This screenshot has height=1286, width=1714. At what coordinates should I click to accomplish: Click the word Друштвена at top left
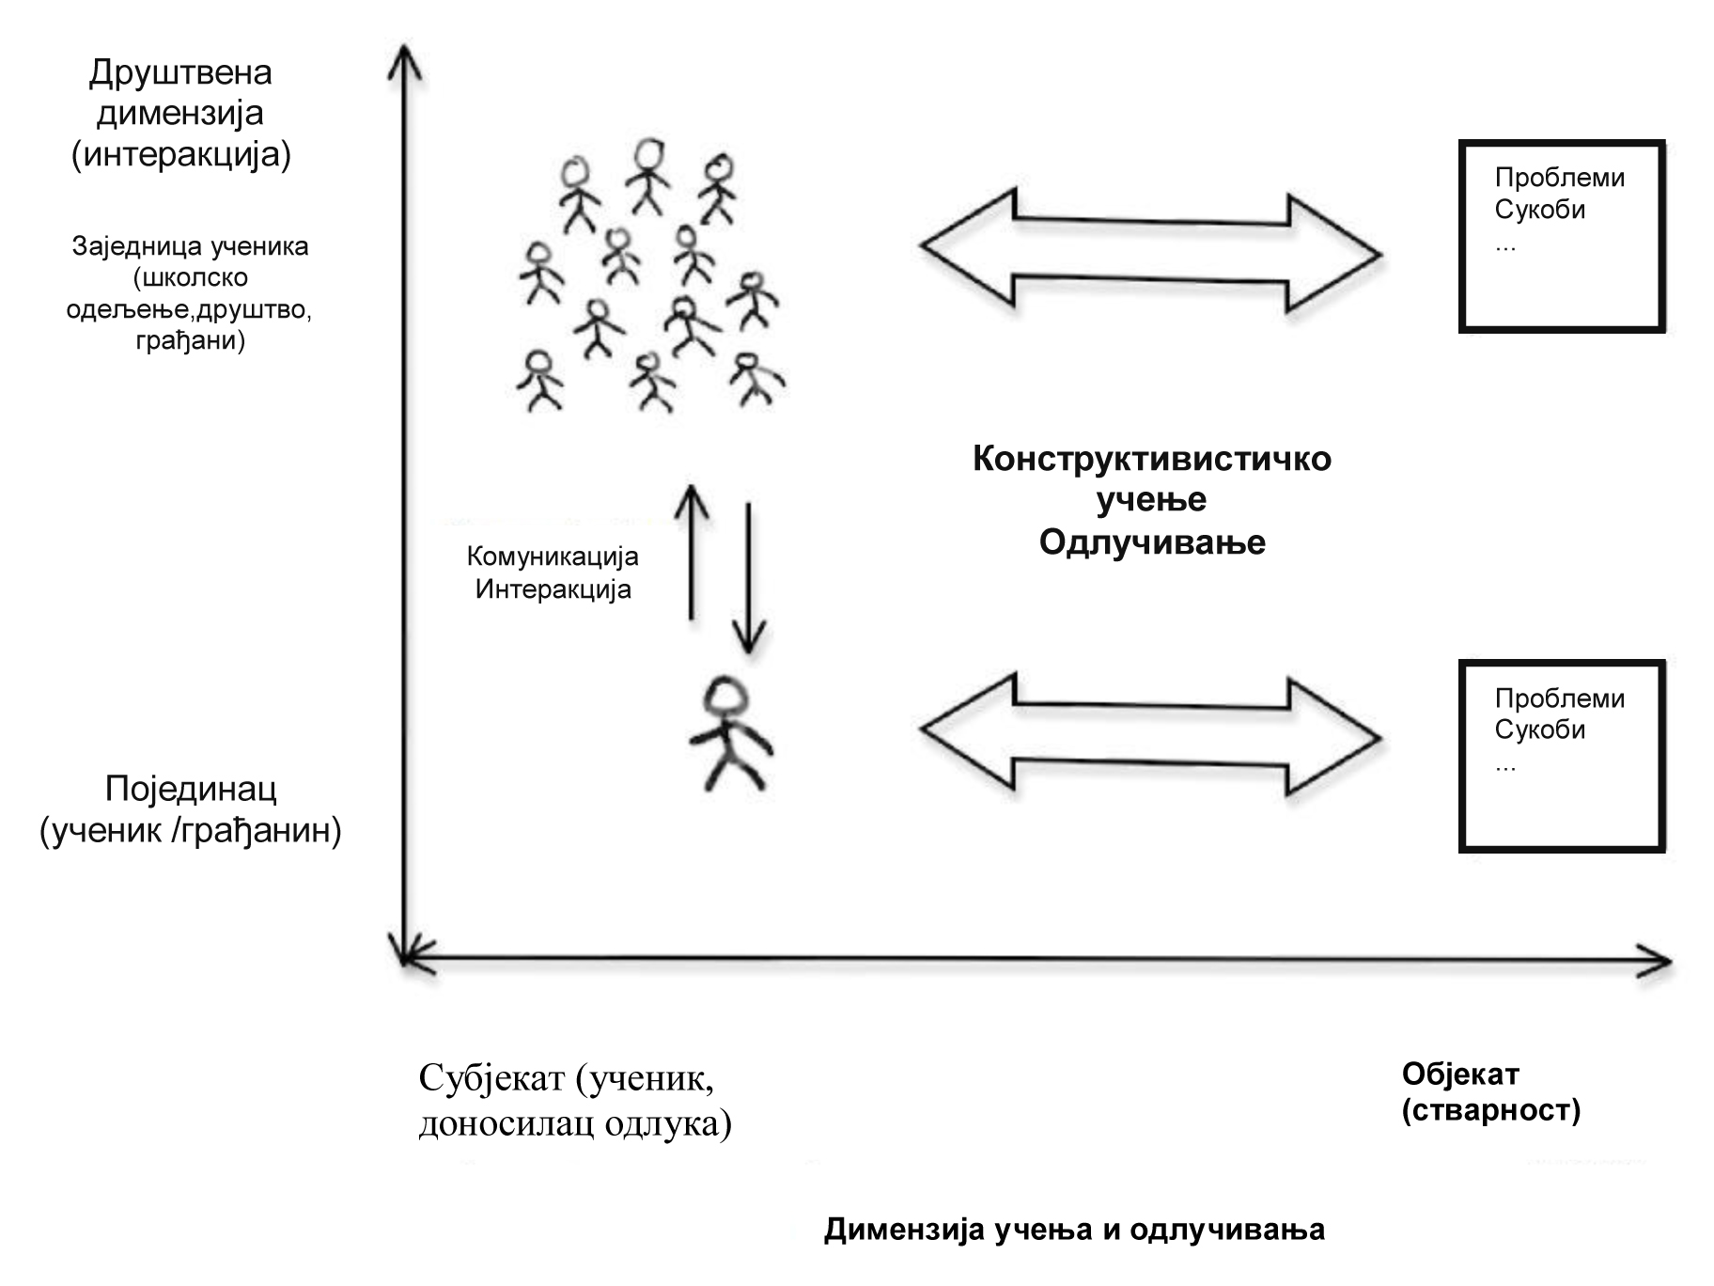[180, 72]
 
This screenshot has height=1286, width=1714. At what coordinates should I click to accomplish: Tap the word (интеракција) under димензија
[181, 153]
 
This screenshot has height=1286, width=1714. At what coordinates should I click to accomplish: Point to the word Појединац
[191, 789]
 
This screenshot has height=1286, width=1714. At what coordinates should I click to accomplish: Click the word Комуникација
[553, 557]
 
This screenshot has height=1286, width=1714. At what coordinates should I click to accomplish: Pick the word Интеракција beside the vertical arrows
[553, 589]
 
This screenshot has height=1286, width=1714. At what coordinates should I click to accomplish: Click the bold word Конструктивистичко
[1151, 459]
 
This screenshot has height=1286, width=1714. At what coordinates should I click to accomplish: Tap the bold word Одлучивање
[1152, 542]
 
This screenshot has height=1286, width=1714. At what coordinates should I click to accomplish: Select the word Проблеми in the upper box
[1559, 178]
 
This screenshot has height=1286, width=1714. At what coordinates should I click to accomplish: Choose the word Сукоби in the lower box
[1539, 729]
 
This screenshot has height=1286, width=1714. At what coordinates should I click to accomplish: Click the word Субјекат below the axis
[491, 1077]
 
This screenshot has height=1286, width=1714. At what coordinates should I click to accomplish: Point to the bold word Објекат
[1460, 1074]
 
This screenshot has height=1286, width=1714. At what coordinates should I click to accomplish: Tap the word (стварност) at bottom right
[1490, 1110]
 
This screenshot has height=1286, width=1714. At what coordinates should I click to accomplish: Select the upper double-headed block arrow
[1150, 251]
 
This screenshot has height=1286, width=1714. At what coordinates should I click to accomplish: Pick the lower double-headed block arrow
[1150, 734]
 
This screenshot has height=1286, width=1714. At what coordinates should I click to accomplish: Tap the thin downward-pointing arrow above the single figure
[748, 578]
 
